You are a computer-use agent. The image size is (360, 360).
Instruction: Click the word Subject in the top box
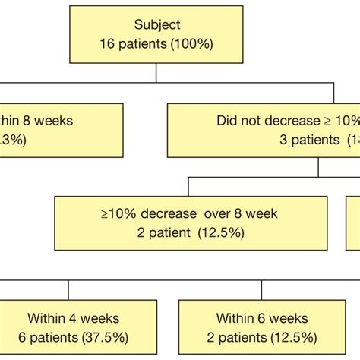[156, 25]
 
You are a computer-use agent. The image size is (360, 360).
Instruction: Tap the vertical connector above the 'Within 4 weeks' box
[69, 290]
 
